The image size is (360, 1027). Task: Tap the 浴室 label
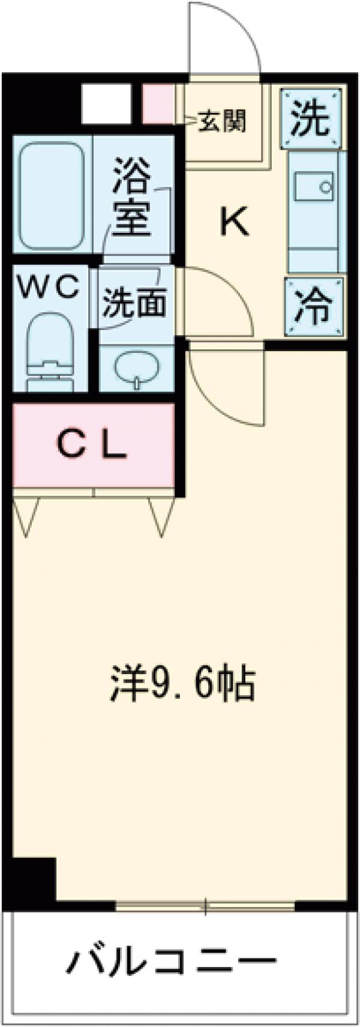tap(131, 196)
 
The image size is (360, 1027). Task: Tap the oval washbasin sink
tap(137, 367)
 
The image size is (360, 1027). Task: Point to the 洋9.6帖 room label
tap(182, 684)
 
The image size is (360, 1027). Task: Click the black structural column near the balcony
tap(34, 879)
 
